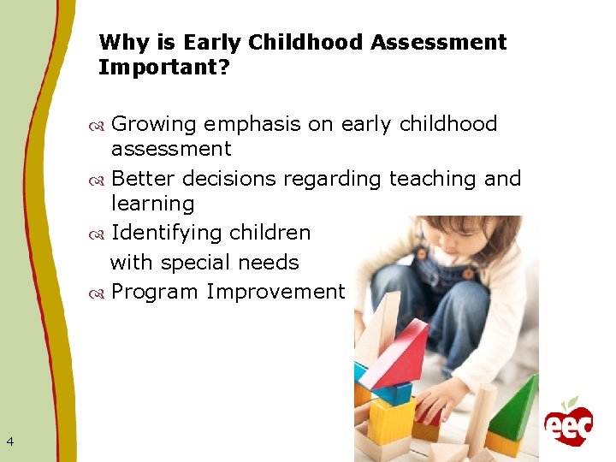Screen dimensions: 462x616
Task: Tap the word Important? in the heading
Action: (164, 67)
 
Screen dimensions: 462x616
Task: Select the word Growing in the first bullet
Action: (156, 124)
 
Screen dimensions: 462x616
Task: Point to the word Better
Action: (144, 179)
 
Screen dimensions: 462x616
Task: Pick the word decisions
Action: (229, 179)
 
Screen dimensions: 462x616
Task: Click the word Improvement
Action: (275, 292)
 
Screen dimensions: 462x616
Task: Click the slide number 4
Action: (9, 441)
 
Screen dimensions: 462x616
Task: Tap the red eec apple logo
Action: (568, 422)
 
